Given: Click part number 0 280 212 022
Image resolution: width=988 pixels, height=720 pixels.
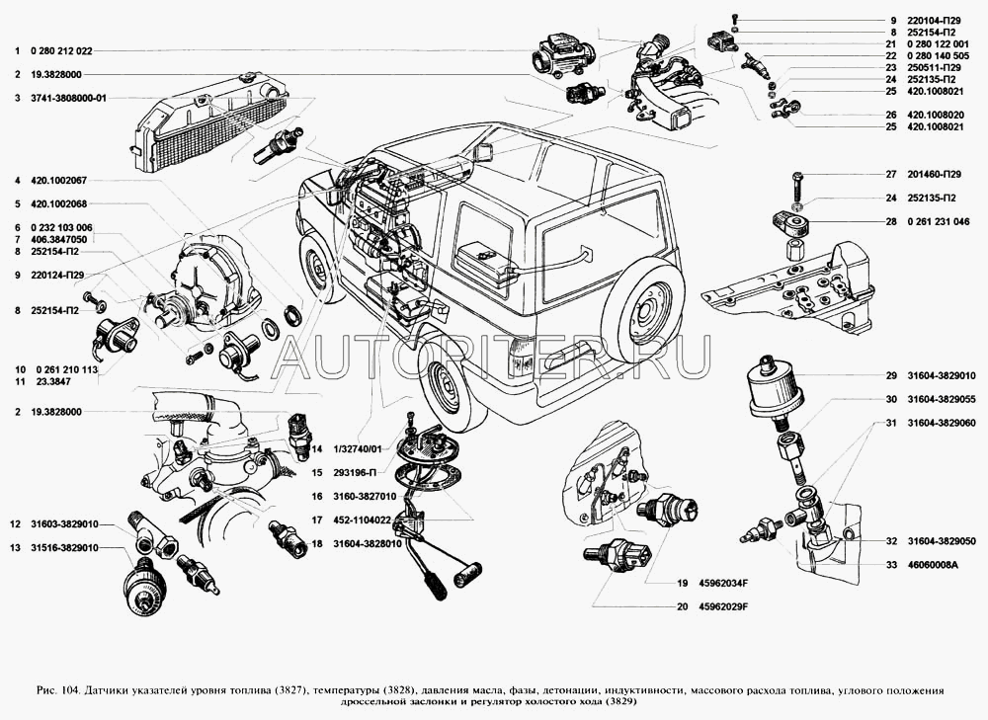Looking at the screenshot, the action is point(61,51).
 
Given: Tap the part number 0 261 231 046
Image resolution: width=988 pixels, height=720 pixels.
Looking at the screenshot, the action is point(939,222).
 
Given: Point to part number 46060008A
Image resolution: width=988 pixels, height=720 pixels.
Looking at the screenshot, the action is point(933,565).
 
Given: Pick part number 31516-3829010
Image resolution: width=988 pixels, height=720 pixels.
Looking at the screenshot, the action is point(64,548).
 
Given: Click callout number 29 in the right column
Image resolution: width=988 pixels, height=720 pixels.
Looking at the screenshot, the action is point(891,376).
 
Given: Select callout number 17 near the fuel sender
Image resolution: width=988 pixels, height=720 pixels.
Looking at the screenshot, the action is point(316,520).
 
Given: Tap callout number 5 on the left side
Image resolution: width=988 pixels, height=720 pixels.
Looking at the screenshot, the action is point(18,204).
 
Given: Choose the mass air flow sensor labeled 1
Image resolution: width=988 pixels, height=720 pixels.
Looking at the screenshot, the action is point(563,55).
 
